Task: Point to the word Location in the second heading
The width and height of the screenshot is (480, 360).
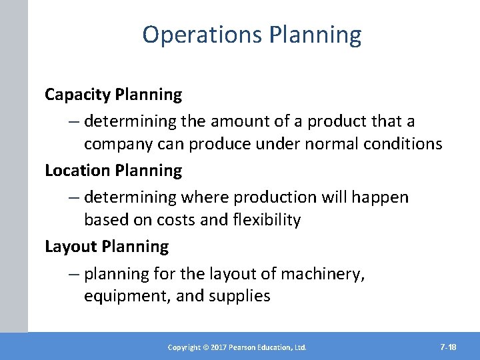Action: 77,171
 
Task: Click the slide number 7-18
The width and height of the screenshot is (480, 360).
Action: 448,347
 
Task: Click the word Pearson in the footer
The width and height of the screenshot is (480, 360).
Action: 247,347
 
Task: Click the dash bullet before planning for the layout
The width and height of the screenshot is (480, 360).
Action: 73,273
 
